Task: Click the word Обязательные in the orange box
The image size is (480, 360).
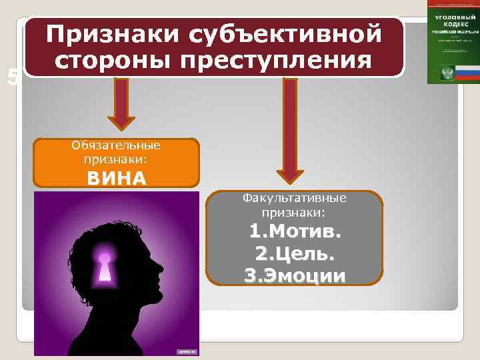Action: [x=117, y=145]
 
